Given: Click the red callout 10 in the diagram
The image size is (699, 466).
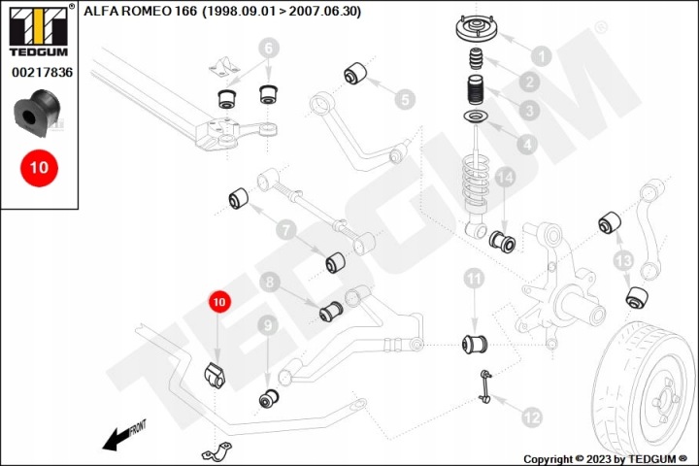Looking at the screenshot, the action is pyautogui.click(x=219, y=302).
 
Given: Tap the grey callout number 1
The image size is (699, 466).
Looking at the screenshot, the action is pyautogui.click(x=542, y=56).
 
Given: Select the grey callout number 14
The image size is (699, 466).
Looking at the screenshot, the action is pyautogui.click(x=505, y=178).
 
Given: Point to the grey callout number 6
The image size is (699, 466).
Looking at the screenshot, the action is pyautogui.click(x=268, y=49).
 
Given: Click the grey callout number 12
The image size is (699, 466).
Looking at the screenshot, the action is pyautogui.click(x=531, y=417).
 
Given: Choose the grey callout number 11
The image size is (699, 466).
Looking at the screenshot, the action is pyautogui.click(x=474, y=280).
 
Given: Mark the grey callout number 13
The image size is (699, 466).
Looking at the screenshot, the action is pyautogui.click(x=623, y=260).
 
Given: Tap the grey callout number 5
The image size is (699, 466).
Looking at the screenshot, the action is pyautogui.click(x=405, y=99).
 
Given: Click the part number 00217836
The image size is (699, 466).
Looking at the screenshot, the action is pyautogui.click(x=42, y=72).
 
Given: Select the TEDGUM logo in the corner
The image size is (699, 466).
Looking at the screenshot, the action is pyautogui.click(x=39, y=30).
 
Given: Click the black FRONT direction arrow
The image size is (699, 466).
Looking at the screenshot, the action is pyautogui.click(x=124, y=435).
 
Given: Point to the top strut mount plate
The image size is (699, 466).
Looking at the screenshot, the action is pyautogui.click(x=477, y=28).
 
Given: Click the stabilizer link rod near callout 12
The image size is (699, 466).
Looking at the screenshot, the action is pyautogui.click(x=486, y=386).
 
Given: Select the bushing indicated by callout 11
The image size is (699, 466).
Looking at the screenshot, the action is pyautogui.click(x=475, y=344).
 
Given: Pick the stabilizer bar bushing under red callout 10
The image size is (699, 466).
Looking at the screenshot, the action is pyautogui.click(x=215, y=376).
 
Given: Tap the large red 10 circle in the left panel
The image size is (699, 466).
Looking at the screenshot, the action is pyautogui.click(x=39, y=168).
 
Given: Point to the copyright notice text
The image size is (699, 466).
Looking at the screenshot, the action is pyautogui.click(x=606, y=459).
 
